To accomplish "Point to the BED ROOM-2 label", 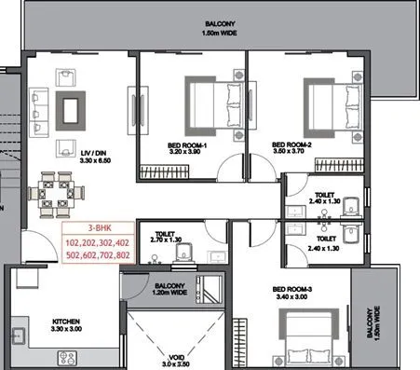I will click(292, 144).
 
